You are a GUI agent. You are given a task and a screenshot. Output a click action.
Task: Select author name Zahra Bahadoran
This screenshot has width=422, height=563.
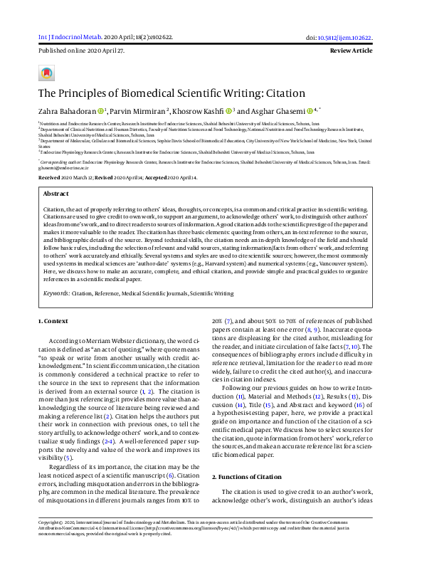tap(66, 110)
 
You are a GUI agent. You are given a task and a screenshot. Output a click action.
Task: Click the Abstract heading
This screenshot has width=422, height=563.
tap(56, 193)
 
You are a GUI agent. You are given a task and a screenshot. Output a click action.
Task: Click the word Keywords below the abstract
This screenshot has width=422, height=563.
tap(56, 292)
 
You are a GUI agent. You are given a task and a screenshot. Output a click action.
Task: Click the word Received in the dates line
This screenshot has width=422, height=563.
tap(49, 177)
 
